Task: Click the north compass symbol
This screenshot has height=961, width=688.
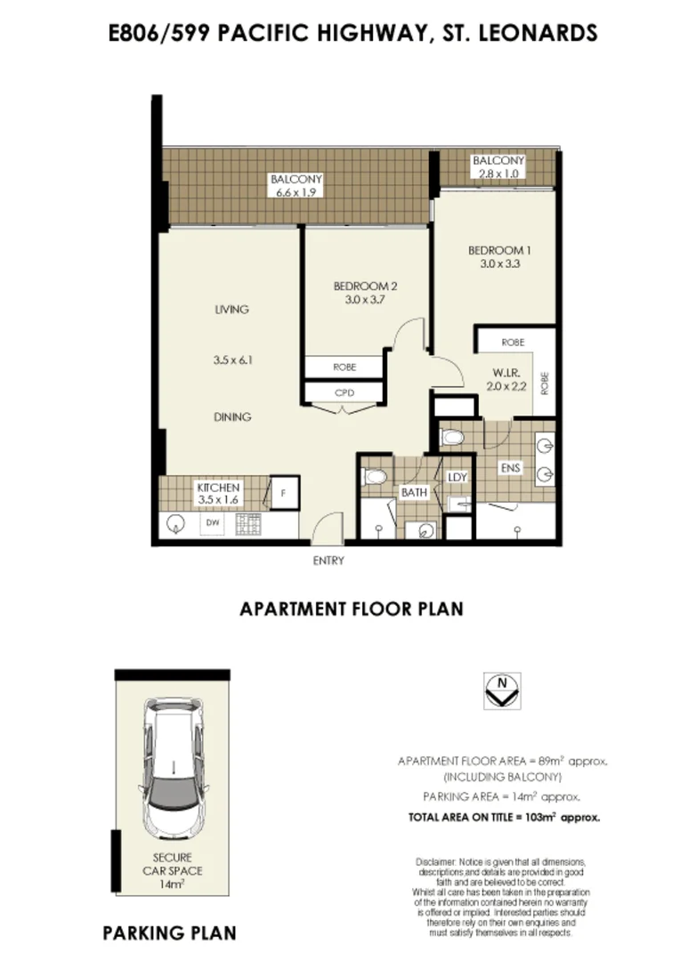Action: (x=504, y=689)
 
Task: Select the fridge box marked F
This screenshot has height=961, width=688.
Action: (x=283, y=491)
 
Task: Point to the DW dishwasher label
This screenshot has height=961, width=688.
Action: (x=213, y=523)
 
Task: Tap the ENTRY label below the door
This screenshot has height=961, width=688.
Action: (x=328, y=561)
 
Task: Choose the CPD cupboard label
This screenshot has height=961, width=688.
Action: (x=344, y=392)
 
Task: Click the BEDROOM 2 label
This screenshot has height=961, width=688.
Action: (x=365, y=286)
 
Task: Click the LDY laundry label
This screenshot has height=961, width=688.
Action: (x=457, y=478)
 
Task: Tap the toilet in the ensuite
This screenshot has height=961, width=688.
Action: (x=452, y=438)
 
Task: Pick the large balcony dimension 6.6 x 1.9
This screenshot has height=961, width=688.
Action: (x=296, y=191)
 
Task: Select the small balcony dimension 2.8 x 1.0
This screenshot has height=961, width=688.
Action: (x=499, y=174)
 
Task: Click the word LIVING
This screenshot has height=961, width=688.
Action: (x=231, y=310)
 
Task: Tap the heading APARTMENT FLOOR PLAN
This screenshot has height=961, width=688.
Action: (x=352, y=610)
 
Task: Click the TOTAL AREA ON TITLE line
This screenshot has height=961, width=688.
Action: (x=504, y=815)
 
